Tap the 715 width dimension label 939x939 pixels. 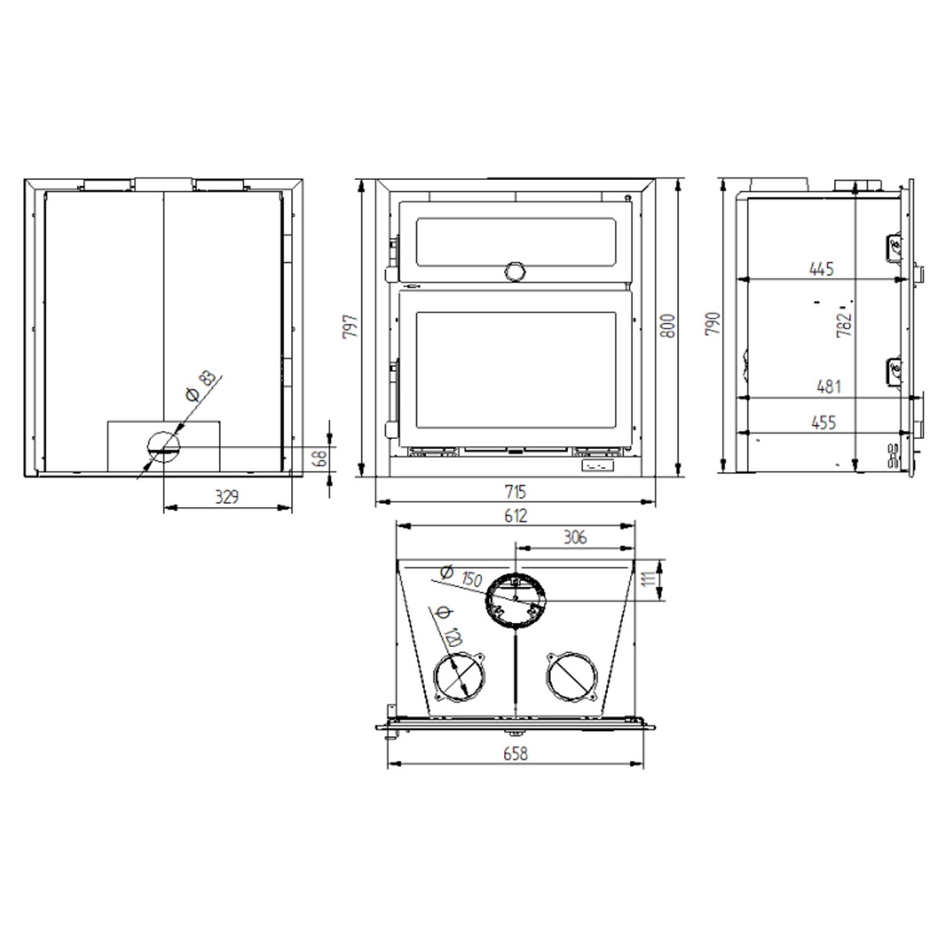point(516,492)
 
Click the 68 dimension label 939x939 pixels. point(320,457)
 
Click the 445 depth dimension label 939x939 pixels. point(822,269)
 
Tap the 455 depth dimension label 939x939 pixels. point(823,423)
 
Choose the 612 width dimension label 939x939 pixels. point(516,516)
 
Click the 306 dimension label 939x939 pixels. point(574,537)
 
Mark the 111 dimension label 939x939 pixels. point(649,581)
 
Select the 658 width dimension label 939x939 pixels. point(516,754)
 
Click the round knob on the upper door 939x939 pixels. point(515,271)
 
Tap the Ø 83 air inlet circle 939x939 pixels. point(163,448)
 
